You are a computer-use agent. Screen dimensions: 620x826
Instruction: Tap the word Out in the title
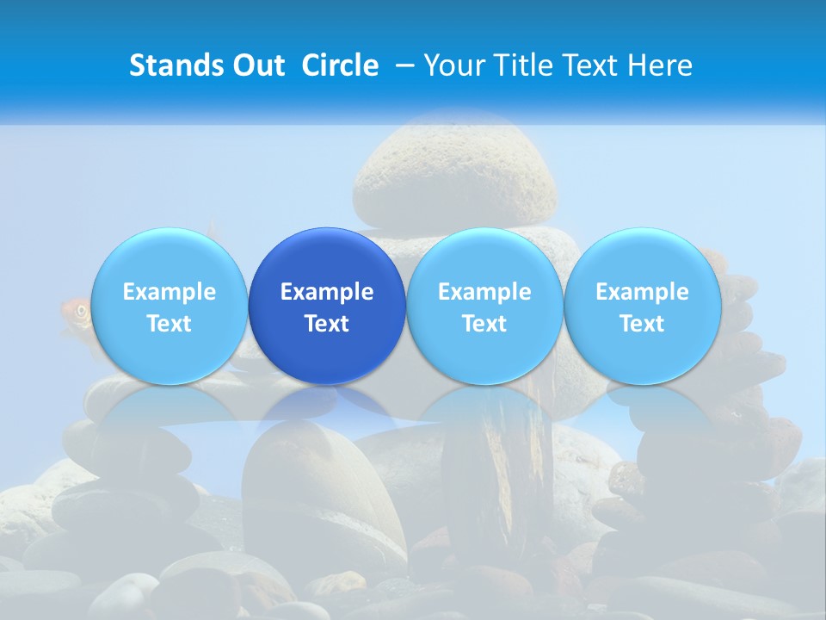pyautogui.click(x=255, y=65)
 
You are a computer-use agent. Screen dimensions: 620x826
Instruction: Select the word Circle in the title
pyautogui.click(x=340, y=65)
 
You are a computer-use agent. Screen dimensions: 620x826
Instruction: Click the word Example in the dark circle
pyautogui.click(x=327, y=292)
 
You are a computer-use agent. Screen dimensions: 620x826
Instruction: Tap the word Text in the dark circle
pyautogui.click(x=327, y=324)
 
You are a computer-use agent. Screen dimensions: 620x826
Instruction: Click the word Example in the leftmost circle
pyautogui.click(x=169, y=292)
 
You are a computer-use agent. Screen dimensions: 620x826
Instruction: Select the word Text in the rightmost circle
pyautogui.click(x=642, y=324)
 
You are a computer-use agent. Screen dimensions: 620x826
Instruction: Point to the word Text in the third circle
pyautogui.click(x=484, y=324)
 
